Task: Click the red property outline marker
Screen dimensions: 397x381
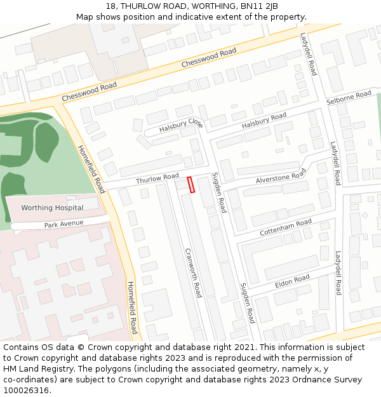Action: pos(190,184)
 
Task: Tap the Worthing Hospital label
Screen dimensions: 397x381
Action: pos(52,208)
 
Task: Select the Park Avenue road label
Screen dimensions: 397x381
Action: pos(64,225)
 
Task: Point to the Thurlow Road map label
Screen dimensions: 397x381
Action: pos(157,180)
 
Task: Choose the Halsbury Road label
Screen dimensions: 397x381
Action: pos(264,120)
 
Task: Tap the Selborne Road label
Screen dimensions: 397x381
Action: pos(349,98)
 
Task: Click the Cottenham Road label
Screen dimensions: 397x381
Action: pos(286,227)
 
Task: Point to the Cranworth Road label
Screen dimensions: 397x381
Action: pos(193,272)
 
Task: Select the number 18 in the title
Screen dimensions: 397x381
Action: pos(109,6)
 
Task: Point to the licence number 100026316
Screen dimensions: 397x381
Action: pos(27,391)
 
